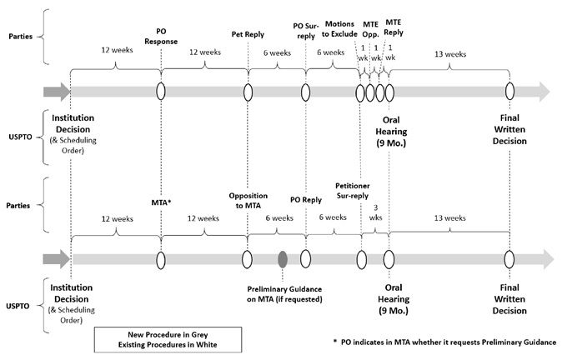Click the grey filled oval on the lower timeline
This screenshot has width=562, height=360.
click(x=283, y=259)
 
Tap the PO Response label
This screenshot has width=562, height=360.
click(x=161, y=36)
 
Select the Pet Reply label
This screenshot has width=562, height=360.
click(x=248, y=34)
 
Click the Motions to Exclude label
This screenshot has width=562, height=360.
click(x=339, y=29)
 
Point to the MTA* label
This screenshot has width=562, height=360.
click(x=161, y=202)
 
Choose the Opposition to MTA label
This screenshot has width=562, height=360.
click(x=248, y=201)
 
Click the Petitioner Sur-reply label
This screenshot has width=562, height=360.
click(x=353, y=191)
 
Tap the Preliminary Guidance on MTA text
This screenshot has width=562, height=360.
click(x=284, y=294)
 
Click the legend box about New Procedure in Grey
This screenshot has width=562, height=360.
click(x=168, y=339)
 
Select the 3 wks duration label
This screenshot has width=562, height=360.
click(x=375, y=212)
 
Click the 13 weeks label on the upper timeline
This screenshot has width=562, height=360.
click(x=450, y=54)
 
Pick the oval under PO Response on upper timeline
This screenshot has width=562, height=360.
click(x=161, y=92)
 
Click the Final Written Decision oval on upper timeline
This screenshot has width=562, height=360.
click(x=509, y=92)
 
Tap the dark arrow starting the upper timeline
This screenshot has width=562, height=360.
click(x=57, y=92)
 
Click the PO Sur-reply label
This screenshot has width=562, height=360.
click(x=306, y=31)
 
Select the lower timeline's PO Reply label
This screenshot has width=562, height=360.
click(x=306, y=200)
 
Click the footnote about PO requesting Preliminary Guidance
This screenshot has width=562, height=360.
click(x=444, y=342)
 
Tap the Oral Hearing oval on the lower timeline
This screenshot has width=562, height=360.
click(x=389, y=259)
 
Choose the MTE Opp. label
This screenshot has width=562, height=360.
click(x=370, y=29)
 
